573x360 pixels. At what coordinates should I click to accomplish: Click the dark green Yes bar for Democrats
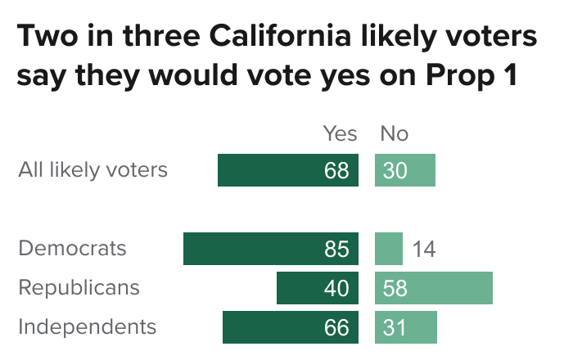(270, 249)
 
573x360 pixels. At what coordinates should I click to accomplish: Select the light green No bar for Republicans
(434, 288)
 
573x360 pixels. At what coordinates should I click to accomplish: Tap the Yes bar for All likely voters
(287, 170)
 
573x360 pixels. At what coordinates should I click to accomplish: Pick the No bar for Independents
(406, 327)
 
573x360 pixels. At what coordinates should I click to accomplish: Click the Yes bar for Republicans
(317, 288)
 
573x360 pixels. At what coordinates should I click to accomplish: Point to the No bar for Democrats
(389, 249)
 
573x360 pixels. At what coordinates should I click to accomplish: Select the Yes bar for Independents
(290, 327)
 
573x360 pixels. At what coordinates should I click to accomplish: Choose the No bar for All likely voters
(405, 170)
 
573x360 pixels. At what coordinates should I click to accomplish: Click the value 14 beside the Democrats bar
(423, 249)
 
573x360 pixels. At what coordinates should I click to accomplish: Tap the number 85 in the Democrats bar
(336, 249)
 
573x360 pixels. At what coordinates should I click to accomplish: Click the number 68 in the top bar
(336, 170)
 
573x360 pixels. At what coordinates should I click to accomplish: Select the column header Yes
(341, 133)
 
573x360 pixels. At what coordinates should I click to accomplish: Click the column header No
(394, 133)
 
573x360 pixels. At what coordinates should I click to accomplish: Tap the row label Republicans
(79, 288)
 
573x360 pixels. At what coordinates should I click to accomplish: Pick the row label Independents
(87, 327)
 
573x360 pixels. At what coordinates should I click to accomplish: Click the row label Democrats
(72, 249)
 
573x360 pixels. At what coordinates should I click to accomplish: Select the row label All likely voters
(92, 170)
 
